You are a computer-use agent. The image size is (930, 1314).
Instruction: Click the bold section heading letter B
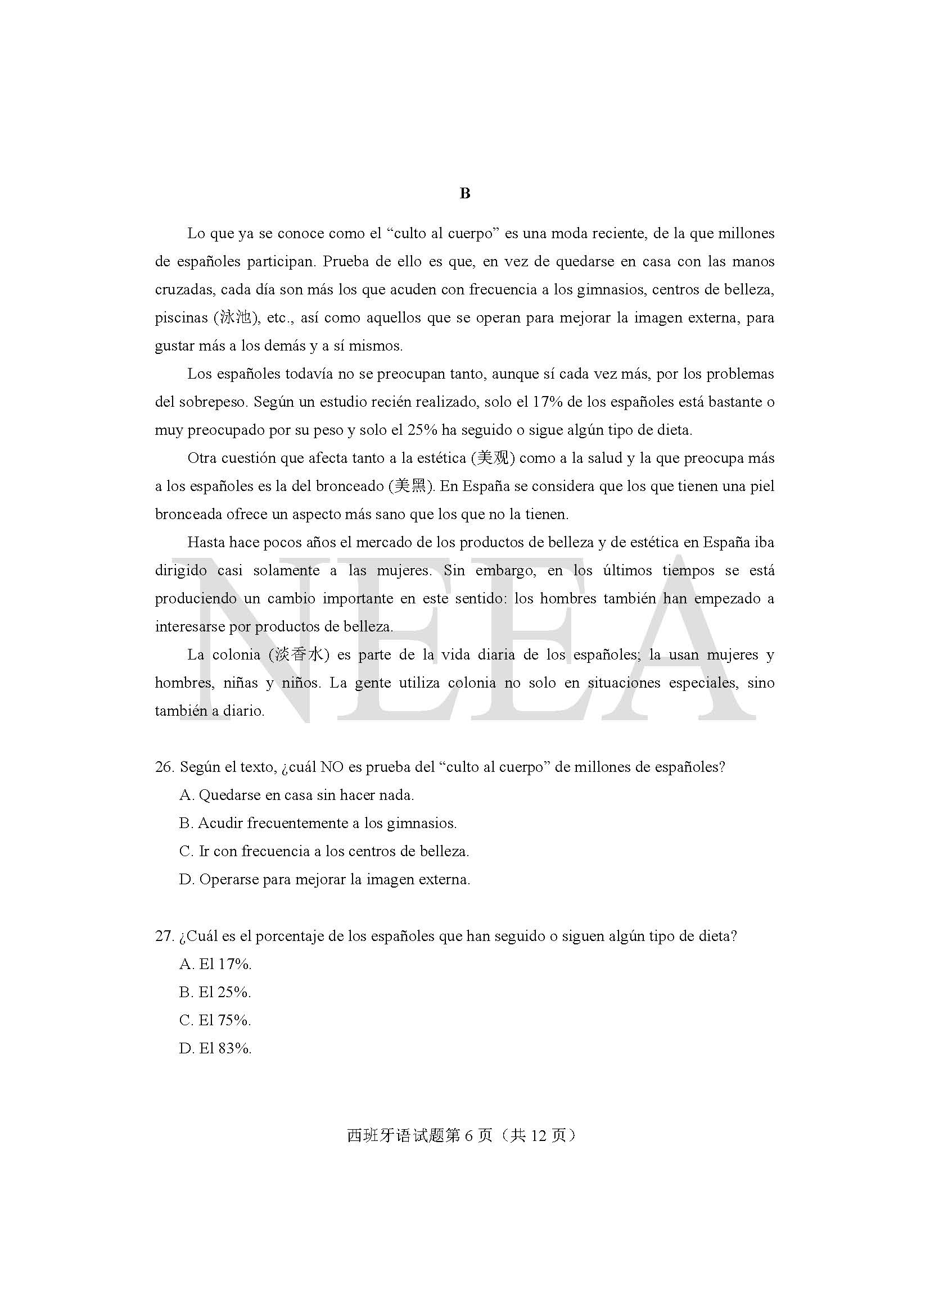[464, 193]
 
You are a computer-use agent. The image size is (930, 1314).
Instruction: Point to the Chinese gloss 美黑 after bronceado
[410, 486]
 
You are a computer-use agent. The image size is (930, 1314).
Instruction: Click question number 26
[164, 767]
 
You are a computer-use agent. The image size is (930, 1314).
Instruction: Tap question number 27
[164, 936]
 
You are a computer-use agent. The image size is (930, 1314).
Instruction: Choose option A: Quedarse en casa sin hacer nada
[296, 795]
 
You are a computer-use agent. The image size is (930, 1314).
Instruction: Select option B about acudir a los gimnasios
[318, 824]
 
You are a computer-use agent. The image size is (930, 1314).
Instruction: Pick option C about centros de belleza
[324, 852]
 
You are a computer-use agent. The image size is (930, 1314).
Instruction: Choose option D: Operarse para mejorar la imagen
[324, 880]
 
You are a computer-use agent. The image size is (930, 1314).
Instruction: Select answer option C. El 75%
[215, 1020]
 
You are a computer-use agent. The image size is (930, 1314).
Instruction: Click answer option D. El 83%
[215, 1048]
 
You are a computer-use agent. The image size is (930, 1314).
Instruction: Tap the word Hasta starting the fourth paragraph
[206, 542]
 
